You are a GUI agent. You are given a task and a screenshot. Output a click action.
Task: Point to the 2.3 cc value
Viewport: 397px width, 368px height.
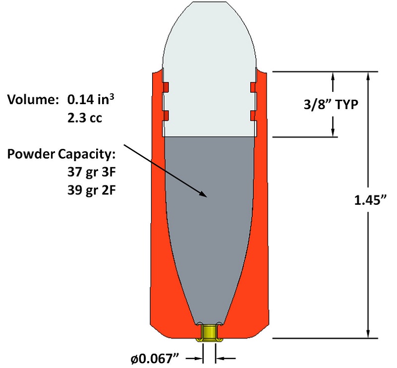(x=83, y=119)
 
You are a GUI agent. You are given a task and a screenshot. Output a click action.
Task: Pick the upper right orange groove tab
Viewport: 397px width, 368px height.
(x=253, y=87)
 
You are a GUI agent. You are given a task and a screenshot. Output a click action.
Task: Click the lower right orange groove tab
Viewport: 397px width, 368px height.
(x=253, y=116)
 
